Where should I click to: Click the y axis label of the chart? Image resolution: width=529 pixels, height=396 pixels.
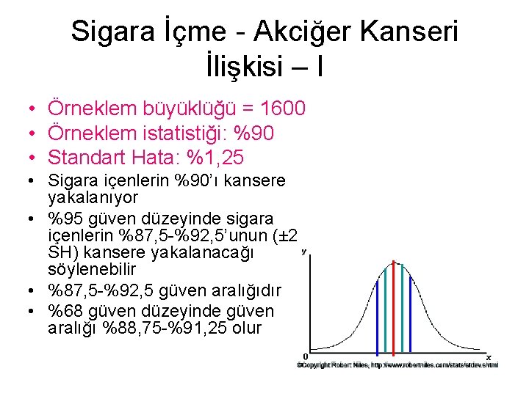[x=303, y=252]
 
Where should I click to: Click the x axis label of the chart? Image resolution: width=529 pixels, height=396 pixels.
[x=489, y=357]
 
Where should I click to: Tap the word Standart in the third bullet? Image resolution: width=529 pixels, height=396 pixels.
[x=90, y=157]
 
